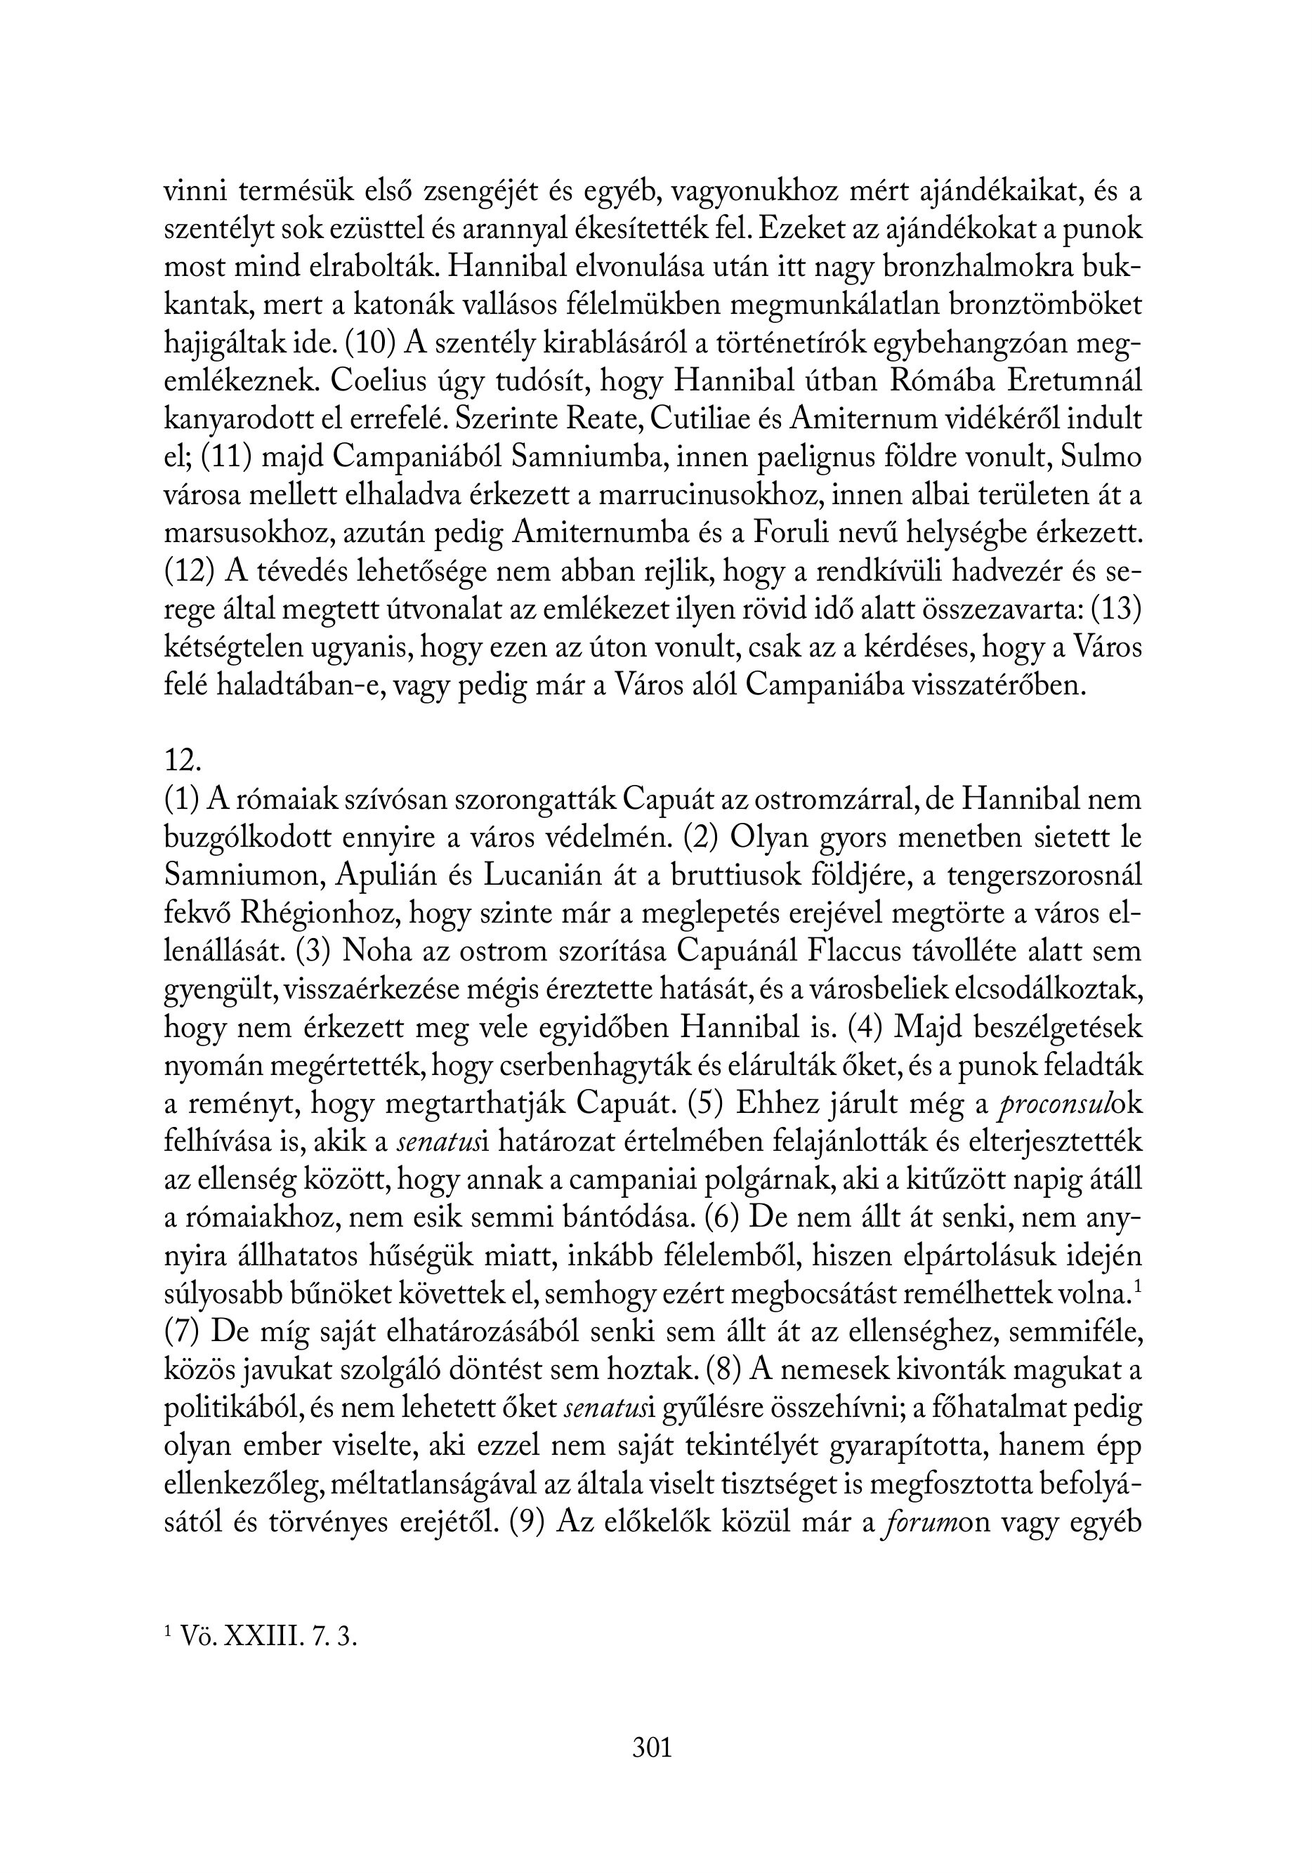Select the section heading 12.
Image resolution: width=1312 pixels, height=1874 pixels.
182,760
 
